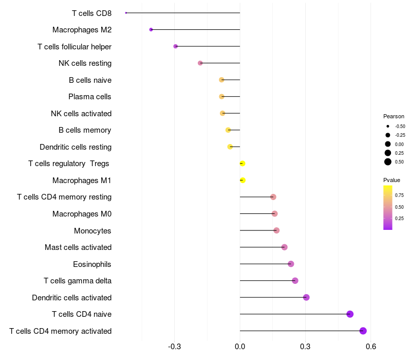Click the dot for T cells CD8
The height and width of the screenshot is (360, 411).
coord(126,13)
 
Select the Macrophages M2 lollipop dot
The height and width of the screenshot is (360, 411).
coord(151,30)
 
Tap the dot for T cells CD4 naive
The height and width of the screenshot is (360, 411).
coord(350,314)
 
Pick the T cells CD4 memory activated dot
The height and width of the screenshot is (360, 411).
coord(363,331)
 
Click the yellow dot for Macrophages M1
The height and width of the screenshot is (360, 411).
coord(243,181)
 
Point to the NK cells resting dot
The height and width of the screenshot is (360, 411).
coord(200,63)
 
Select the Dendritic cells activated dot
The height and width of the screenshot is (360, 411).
coord(306,297)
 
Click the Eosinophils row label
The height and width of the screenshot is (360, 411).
coord(92,264)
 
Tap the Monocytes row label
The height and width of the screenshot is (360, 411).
coord(92,231)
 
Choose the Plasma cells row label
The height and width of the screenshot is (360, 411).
coord(90,97)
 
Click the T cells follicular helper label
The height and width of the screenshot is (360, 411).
coord(74,47)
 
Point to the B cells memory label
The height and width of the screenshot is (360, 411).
coord(85,130)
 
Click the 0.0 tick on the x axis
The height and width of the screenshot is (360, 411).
coord(240,347)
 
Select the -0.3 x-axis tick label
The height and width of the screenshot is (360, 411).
coord(174,347)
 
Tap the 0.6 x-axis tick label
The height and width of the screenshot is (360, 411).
coord(371,347)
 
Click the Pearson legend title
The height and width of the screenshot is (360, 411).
coord(394,116)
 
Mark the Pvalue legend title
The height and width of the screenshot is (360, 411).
coord(391,180)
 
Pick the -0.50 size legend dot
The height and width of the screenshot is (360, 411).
coord(388,126)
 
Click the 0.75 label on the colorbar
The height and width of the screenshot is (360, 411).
coord(399,195)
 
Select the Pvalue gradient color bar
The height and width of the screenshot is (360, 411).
coord(388,207)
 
